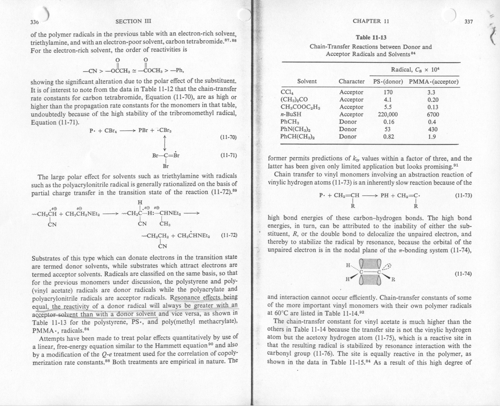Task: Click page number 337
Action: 469,21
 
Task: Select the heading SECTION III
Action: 133,21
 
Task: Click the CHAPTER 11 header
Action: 371,21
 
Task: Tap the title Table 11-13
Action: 371,37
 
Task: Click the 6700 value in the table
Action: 433,114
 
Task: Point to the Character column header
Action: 351,81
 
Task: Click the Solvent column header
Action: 307,81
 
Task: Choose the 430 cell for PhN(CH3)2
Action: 433,129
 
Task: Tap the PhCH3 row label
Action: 290,122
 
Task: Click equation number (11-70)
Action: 229,137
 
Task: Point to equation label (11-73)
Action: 463,195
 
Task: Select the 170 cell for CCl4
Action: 388,92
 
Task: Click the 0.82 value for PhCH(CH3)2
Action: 388,137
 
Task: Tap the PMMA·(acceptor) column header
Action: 434,81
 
